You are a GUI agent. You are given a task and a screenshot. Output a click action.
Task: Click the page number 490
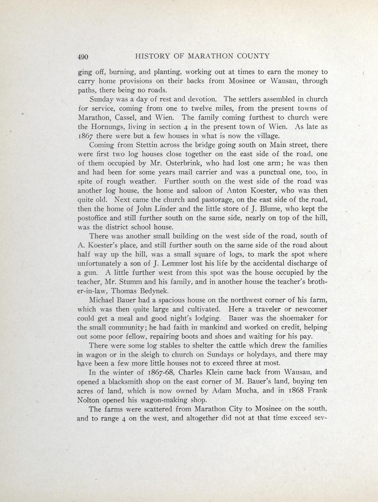(x=83, y=57)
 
